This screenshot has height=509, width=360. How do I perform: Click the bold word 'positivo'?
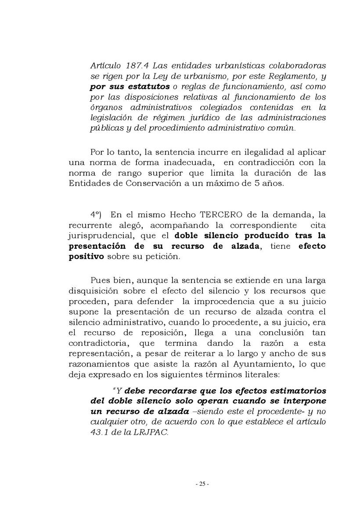click(x=86, y=257)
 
